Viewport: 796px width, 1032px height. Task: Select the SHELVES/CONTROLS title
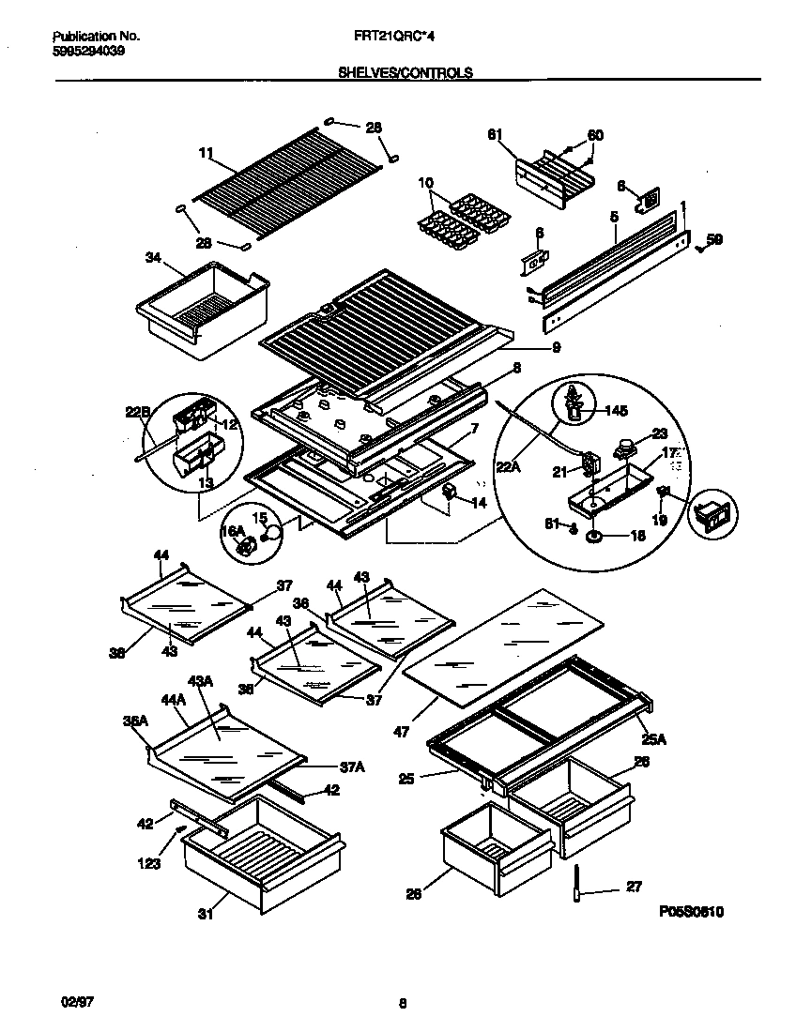[x=405, y=72]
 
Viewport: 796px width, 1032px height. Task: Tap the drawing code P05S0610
[x=691, y=912]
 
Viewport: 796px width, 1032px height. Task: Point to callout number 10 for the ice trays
[x=425, y=182]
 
